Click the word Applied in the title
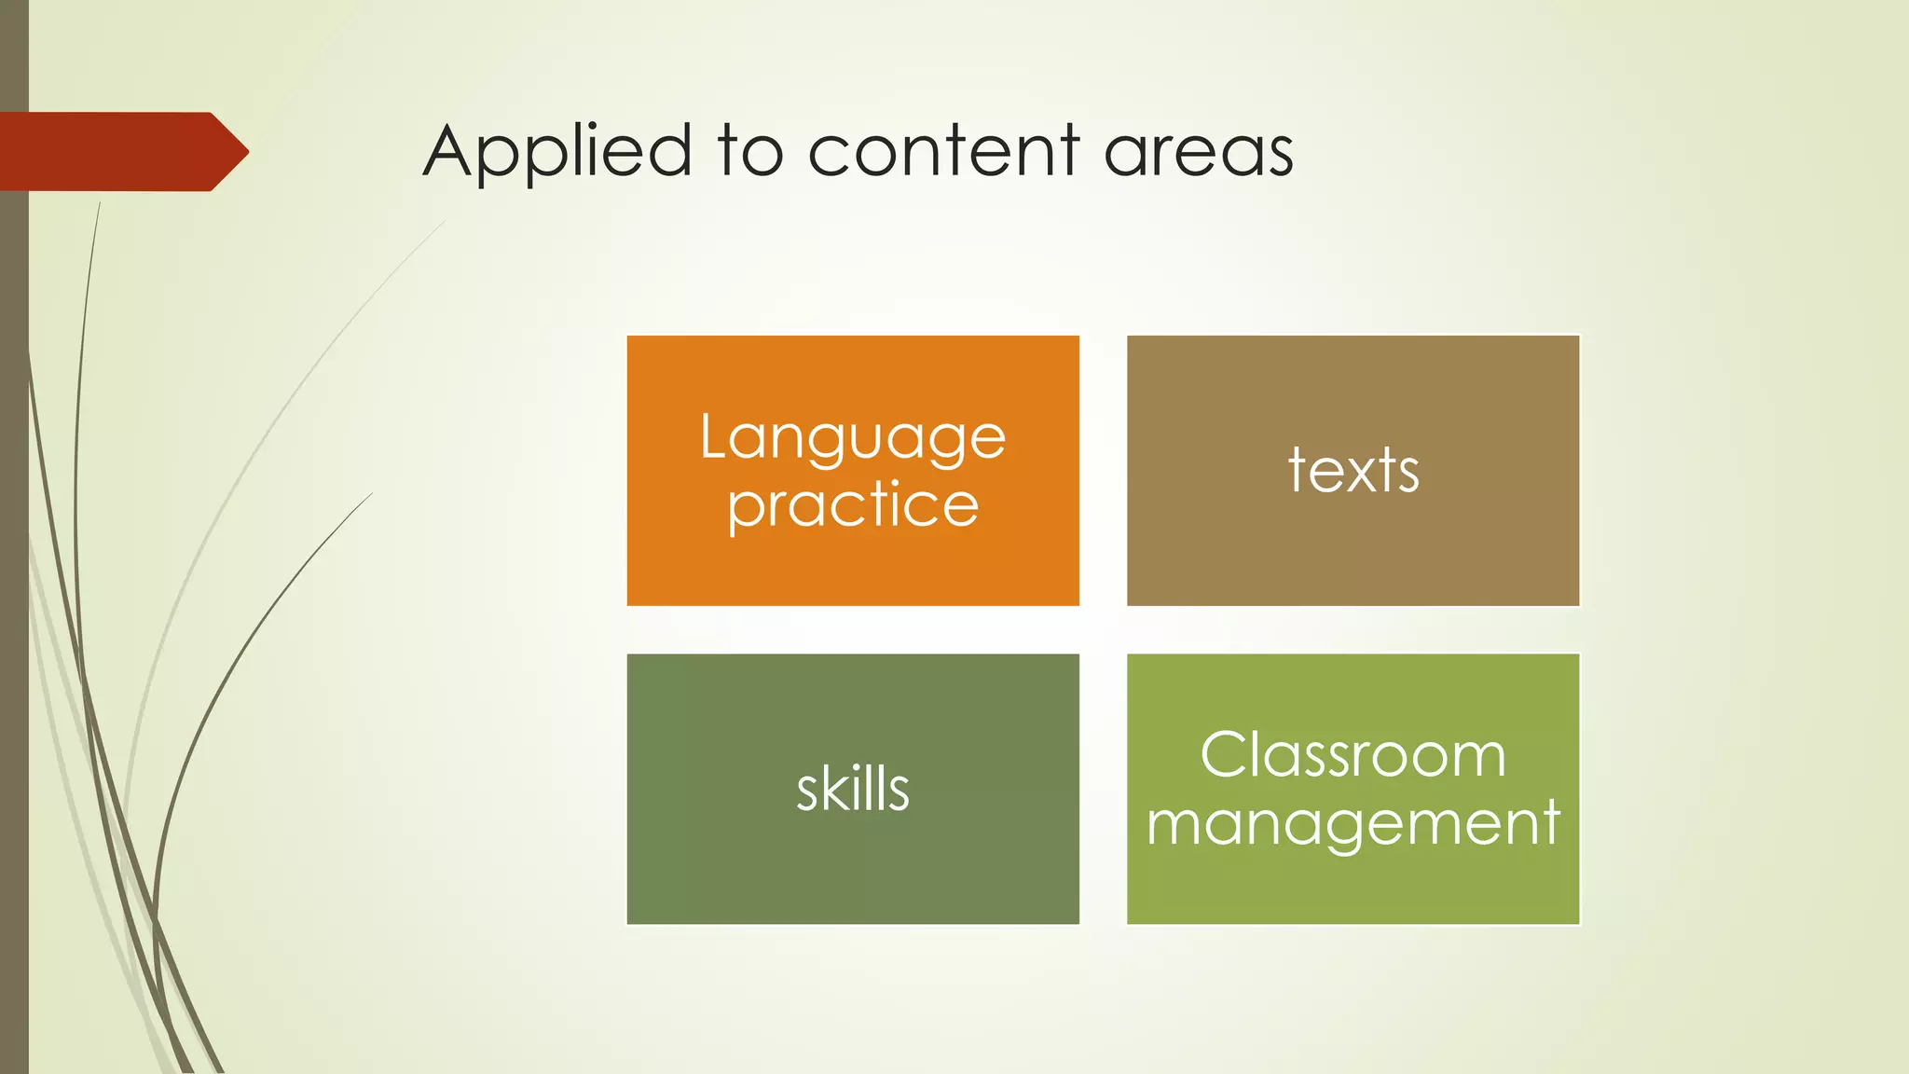point(556,152)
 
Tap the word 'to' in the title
point(750,152)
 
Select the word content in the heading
point(943,152)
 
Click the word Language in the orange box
point(852,438)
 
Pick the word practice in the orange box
point(852,506)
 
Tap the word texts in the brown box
point(1353,470)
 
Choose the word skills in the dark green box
point(852,789)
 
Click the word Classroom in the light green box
point(1353,754)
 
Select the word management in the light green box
point(1353,823)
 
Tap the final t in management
point(1550,822)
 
